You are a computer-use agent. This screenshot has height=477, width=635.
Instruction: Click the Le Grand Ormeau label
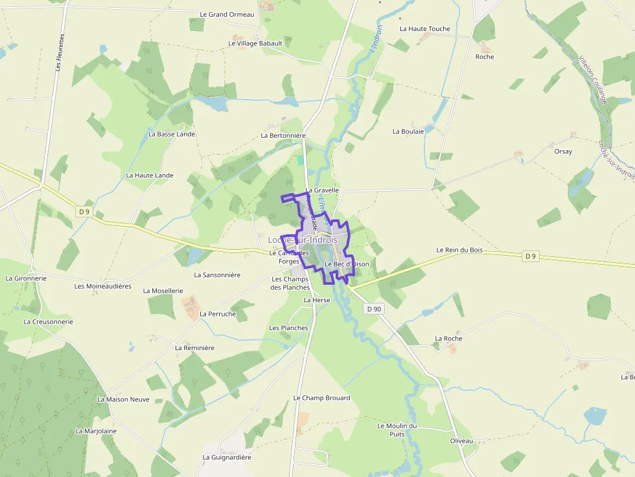227,14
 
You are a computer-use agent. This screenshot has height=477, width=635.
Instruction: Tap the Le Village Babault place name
255,43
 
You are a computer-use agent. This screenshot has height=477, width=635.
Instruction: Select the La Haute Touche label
424,29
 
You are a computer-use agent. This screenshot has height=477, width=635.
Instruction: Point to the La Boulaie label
408,131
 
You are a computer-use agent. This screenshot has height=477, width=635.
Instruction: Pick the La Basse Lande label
172,134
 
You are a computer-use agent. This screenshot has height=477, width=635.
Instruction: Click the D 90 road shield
374,309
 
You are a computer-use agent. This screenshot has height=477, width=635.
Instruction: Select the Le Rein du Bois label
459,250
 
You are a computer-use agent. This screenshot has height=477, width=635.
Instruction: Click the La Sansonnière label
213,275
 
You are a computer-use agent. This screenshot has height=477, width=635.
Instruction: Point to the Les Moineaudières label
103,286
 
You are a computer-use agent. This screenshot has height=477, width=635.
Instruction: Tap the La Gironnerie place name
26,278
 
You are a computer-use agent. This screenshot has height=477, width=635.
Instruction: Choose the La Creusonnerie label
49,322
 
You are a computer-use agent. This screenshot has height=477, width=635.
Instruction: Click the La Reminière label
194,348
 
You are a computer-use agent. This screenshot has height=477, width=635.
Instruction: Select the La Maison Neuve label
123,399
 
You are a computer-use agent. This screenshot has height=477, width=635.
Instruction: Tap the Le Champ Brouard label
321,398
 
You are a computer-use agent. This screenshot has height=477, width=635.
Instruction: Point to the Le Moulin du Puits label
397,430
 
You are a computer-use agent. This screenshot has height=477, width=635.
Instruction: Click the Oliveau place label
461,441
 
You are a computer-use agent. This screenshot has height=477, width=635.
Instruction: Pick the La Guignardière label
227,457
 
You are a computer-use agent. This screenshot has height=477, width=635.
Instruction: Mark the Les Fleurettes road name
60,52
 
